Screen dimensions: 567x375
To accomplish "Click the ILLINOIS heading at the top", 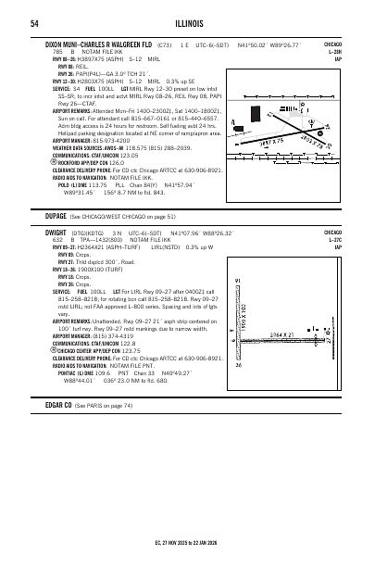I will pyautogui.click(x=187, y=24).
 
